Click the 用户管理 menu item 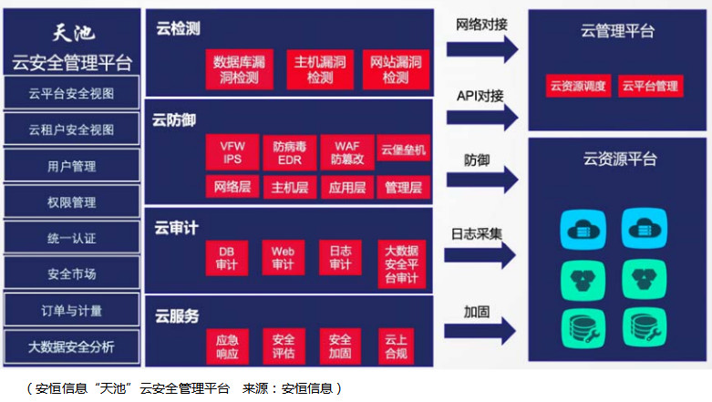[72, 166]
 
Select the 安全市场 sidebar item [72, 273]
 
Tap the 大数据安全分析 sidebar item [72, 346]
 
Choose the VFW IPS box [232, 152]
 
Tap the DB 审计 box [226, 258]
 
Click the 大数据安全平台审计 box [402, 263]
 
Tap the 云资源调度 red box [578, 87]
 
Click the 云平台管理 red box [651, 87]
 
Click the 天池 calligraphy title [74, 34]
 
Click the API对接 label [480, 96]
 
